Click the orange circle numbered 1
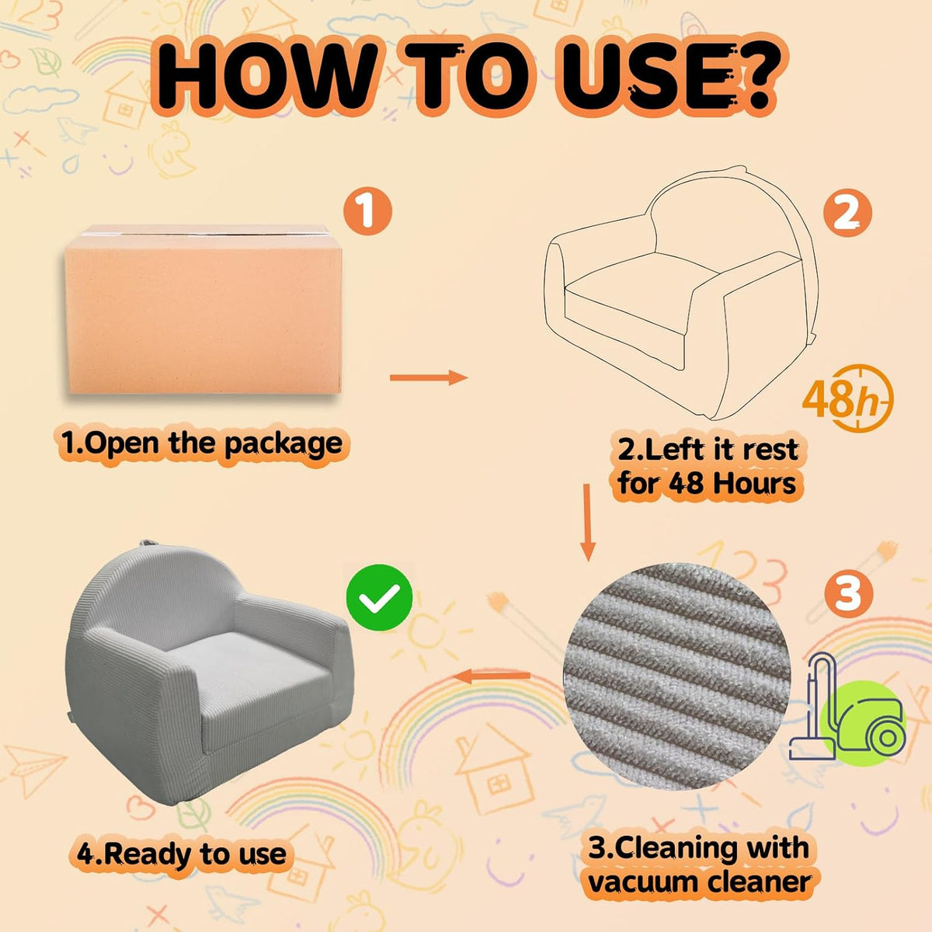coord(367,211)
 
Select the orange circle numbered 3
coord(848,593)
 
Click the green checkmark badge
coord(380,597)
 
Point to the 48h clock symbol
coord(848,398)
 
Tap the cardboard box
coord(203,310)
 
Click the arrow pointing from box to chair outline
coord(429,377)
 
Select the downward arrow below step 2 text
coord(588,523)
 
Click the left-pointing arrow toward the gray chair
coord(492,676)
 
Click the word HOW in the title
coord(270,75)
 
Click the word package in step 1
coord(283,445)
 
